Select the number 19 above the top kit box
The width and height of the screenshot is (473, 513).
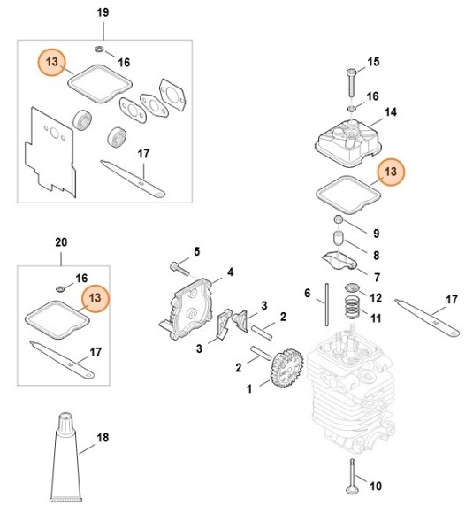pos(103,12)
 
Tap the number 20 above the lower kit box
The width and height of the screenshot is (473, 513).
pos(61,241)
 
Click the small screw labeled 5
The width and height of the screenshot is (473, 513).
pos(179,265)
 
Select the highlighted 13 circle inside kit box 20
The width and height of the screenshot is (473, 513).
pos(95,299)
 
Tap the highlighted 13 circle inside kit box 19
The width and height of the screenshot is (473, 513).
pos(53,63)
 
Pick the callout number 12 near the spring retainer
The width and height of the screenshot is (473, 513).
pos(375,297)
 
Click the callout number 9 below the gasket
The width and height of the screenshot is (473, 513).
pos(375,234)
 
